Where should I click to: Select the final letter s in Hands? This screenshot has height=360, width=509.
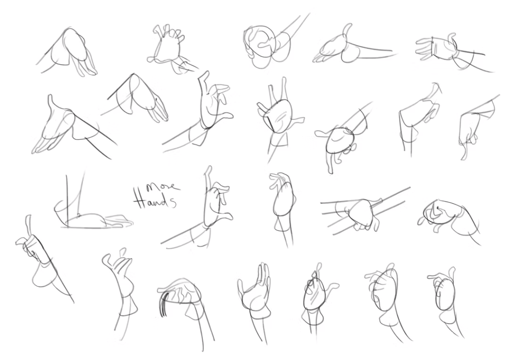(x=173, y=202)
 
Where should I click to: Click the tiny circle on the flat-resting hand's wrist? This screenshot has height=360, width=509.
(x=78, y=215)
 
